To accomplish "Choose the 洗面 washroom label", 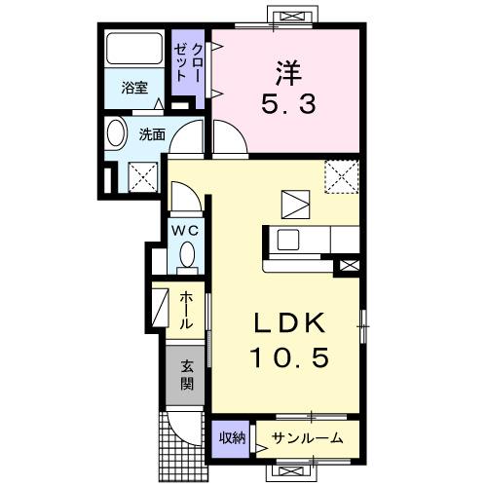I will pyautogui.click(x=152, y=135).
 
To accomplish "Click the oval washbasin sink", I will pyautogui.click(x=115, y=134).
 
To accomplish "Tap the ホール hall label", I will pyautogui.click(x=186, y=309).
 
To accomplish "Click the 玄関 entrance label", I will pyautogui.click(x=185, y=376).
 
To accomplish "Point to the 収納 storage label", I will pyautogui.click(x=232, y=438).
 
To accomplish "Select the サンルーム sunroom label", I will pyautogui.click(x=306, y=438).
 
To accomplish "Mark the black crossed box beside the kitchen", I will pyautogui.click(x=349, y=263).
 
